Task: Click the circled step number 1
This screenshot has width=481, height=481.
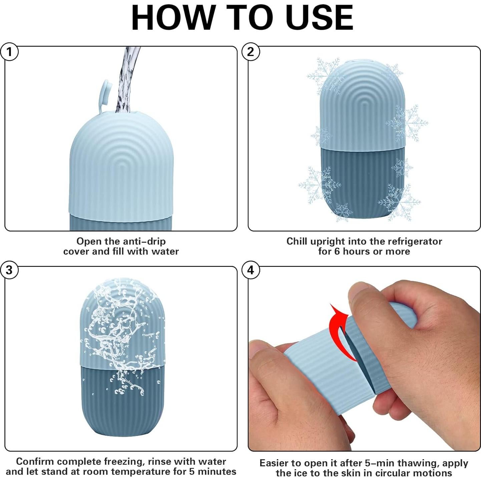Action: (9, 52)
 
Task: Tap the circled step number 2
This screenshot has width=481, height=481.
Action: (251, 52)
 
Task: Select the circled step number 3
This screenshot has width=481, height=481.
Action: (9, 270)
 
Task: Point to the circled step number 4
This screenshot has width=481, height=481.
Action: (251, 270)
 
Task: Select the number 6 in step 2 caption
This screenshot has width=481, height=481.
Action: (337, 252)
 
